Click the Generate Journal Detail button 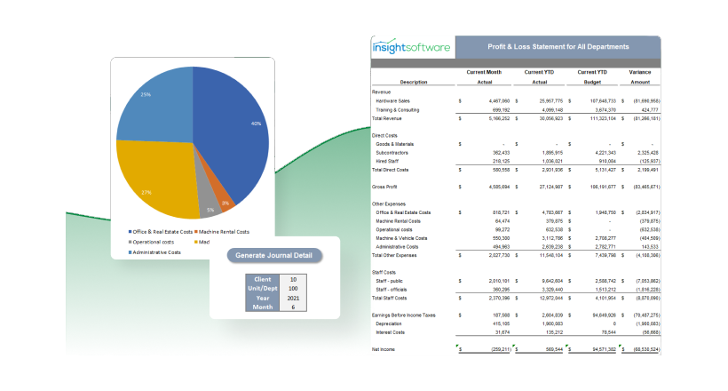click(x=274, y=255)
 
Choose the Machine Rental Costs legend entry click(x=218, y=232)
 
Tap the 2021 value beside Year click(x=293, y=299)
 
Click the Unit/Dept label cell click(x=263, y=289)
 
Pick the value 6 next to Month click(x=293, y=308)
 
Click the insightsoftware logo click(x=410, y=47)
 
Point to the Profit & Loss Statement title click(x=558, y=46)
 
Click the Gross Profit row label click(x=386, y=188)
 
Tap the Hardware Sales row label click(x=393, y=101)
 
